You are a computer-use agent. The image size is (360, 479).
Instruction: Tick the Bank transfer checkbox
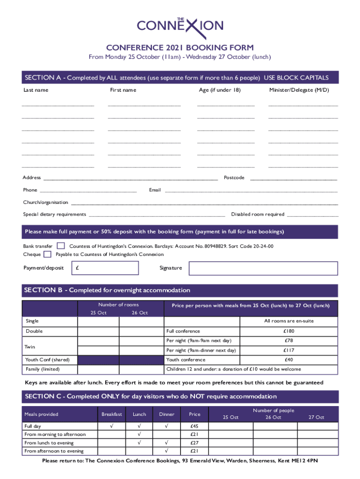[61, 246]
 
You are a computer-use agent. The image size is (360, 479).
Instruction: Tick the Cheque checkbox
[47, 254]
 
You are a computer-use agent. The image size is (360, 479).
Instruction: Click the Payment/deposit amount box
[105, 268]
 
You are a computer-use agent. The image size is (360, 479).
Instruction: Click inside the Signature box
[263, 268]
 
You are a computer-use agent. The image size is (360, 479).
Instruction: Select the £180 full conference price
[288, 331]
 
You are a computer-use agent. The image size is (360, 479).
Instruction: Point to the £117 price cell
[288, 350]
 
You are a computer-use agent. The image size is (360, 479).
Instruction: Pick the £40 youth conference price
[288, 360]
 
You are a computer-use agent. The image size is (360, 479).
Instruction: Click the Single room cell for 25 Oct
[98, 321]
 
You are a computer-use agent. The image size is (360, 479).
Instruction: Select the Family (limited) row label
[42, 369]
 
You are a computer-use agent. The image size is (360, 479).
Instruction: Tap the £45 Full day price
[194, 426]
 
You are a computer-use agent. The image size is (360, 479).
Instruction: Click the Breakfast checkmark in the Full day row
[111, 426]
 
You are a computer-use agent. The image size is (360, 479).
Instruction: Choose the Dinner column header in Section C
[167, 414]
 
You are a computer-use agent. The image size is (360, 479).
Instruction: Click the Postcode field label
[234, 178]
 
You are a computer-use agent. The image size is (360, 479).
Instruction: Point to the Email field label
[155, 190]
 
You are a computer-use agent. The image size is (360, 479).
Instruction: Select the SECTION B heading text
[107, 290]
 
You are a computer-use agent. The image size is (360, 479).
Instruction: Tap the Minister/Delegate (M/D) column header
[299, 90]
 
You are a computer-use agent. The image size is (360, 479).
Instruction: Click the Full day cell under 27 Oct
[316, 426]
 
